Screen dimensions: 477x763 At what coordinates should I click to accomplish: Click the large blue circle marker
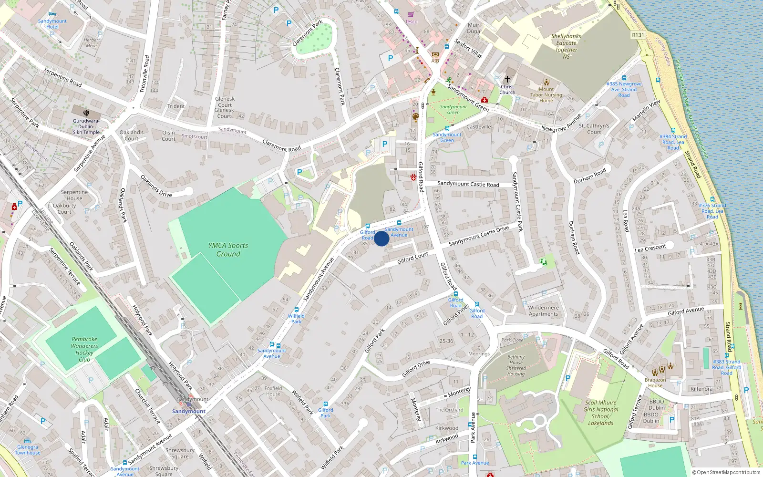tap(381, 238)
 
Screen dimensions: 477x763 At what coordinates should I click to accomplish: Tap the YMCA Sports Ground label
tap(228, 249)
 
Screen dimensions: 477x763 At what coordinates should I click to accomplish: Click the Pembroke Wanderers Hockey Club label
tap(84, 349)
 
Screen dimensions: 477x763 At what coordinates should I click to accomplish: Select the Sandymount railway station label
tap(189, 411)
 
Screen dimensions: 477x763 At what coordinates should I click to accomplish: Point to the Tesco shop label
tap(411, 21)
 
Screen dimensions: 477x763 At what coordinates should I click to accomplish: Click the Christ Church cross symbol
tap(507, 79)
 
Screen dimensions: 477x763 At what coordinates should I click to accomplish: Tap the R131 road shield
tap(638, 35)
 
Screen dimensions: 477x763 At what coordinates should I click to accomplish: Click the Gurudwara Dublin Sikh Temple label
tap(86, 126)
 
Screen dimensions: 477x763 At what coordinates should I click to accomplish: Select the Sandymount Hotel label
tap(52, 24)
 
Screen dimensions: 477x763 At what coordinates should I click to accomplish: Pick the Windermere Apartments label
tap(543, 311)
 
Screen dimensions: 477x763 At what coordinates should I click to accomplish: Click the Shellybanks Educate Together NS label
tap(566, 46)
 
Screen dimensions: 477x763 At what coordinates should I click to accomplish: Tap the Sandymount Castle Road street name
tap(468, 184)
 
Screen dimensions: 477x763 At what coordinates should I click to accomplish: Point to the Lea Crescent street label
tap(650, 248)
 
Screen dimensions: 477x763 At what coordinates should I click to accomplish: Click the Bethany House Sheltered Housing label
tap(516, 365)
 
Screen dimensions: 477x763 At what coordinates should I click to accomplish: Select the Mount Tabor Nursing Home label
tap(546, 94)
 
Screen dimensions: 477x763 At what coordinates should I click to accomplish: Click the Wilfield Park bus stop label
tap(296, 319)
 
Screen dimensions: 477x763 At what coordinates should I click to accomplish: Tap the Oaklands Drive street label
tap(156, 186)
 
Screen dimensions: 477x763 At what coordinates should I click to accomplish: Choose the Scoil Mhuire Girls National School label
tap(600, 413)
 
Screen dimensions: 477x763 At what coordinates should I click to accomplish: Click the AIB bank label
tap(435, 61)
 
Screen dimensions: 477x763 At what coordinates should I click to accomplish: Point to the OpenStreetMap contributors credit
tap(726, 472)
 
